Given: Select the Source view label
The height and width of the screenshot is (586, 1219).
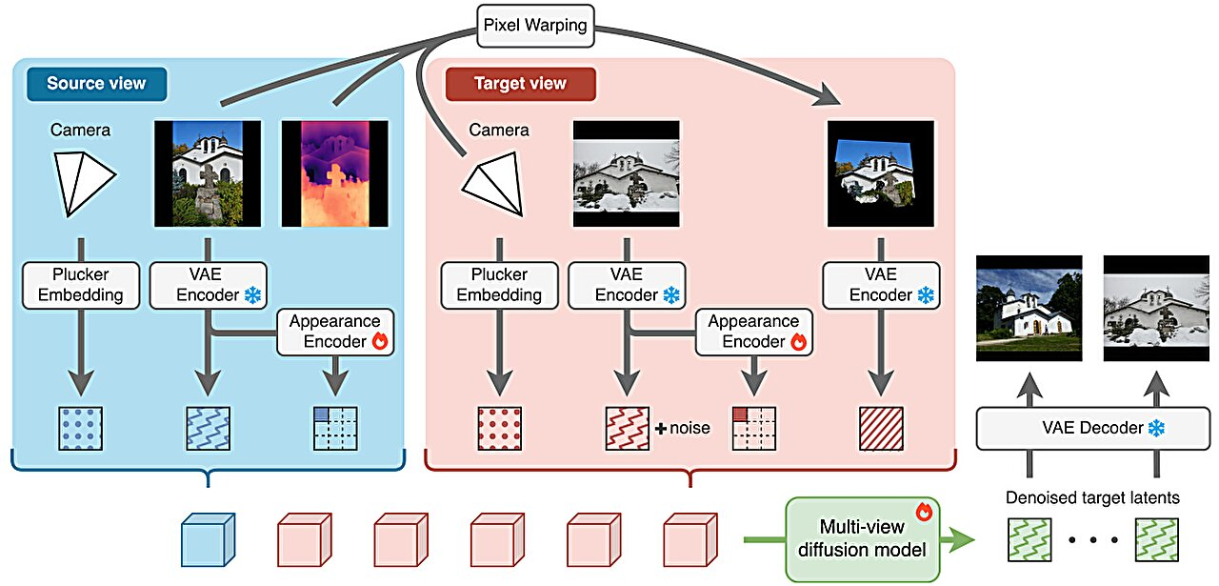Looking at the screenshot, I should tap(96, 83).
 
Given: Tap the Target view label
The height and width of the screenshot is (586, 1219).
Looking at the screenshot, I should tap(520, 83).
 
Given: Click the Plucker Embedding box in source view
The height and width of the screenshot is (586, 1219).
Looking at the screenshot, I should tap(81, 284).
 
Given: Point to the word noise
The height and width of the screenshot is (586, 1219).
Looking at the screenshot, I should tap(689, 428).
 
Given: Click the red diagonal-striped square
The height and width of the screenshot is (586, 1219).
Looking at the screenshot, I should tap(881, 429).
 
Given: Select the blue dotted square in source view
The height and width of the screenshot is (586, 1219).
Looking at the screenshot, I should tap(80, 429).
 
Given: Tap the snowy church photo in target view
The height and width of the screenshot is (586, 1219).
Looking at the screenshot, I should tap(627, 174).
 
